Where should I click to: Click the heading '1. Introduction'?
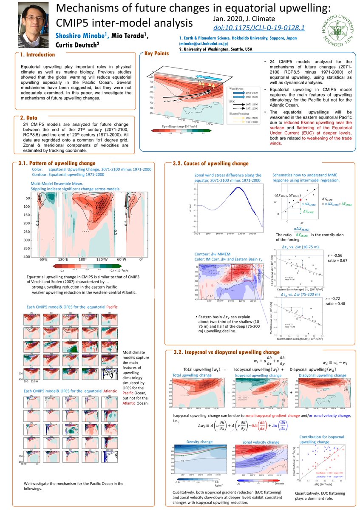pos(37,54)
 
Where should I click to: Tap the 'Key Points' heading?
pos(156,54)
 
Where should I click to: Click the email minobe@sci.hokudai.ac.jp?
pos(204,43)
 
